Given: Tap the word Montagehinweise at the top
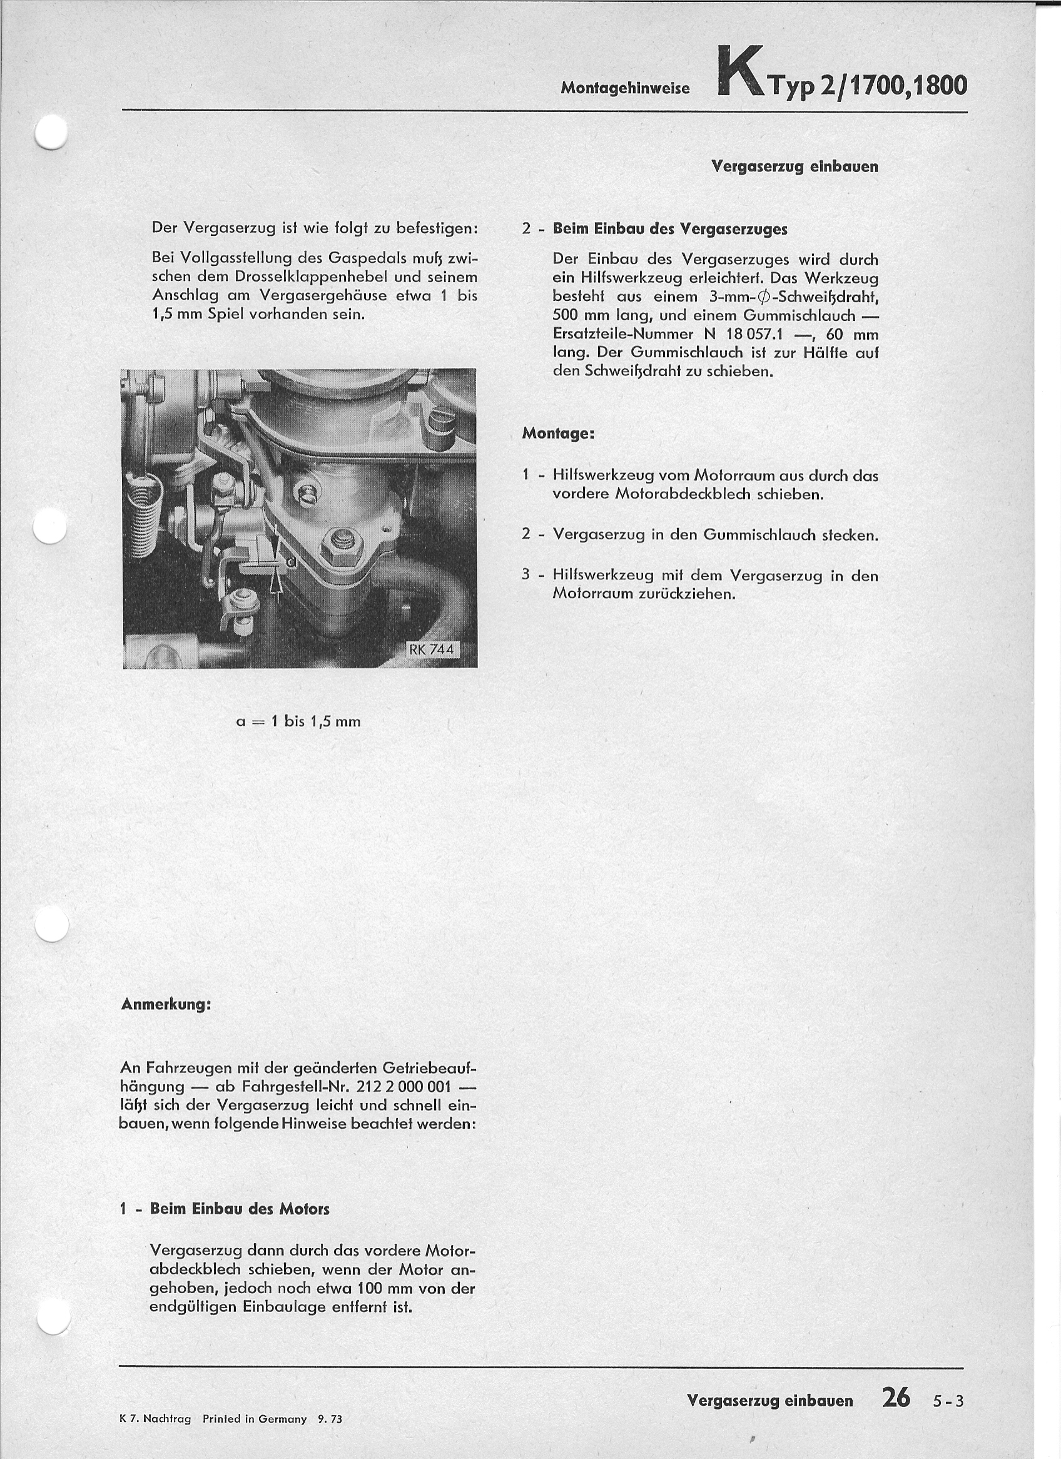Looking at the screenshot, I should (x=625, y=89).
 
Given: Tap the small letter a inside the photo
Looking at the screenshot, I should (x=291, y=562).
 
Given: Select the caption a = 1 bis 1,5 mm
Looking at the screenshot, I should (x=298, y=721).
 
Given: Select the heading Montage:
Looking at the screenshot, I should (x=558, y=433).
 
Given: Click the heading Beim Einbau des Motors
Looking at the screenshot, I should (x=240, y=1209).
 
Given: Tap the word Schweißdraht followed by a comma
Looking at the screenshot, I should (x=833, y=297).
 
